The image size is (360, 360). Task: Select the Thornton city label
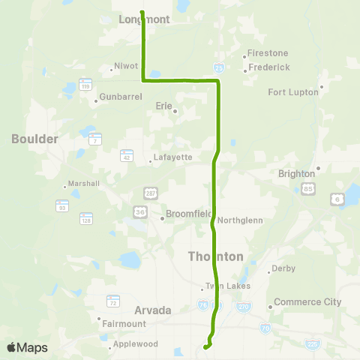(x=215, y=256)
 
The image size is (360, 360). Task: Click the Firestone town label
(x=268, y=53)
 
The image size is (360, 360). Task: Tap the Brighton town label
(x=296, y=173)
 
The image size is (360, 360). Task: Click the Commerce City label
(x=307, y=302)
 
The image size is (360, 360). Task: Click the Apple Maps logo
(x=27, y=347)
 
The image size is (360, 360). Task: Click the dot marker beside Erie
(x=175, y=112)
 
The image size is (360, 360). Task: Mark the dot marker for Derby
(x=269, y=270)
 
